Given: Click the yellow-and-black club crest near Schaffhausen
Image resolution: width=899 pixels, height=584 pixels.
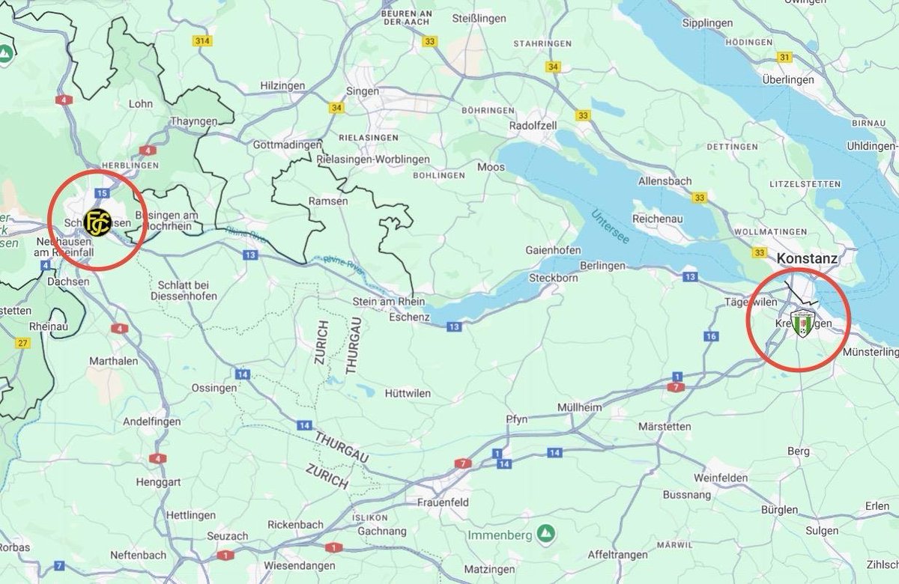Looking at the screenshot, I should coord(97,222).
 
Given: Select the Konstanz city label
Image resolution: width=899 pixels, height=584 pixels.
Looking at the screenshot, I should coord(807,258).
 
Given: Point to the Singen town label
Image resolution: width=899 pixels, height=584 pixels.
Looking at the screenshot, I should coord(363,91).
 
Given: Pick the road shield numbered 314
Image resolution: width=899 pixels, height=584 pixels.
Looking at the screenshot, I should coord(201,40).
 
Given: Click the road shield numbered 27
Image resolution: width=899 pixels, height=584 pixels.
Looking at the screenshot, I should coord(23,343).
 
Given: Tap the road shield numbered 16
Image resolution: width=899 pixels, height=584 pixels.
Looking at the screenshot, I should coord(711,336).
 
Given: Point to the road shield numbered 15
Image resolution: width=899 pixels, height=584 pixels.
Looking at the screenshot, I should coord(100,193).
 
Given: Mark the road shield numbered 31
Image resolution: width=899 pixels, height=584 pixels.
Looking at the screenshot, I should coord(784,57).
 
